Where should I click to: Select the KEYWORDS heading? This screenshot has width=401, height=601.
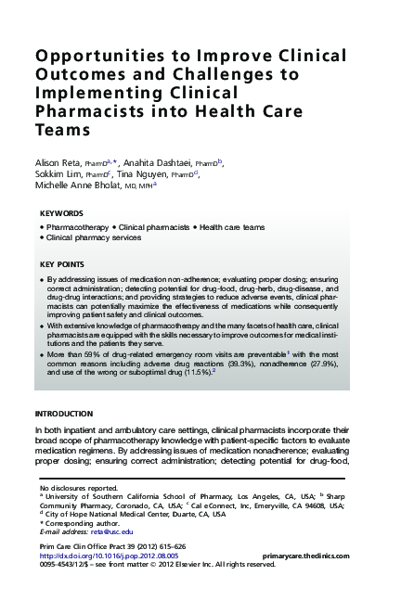click(62, 213)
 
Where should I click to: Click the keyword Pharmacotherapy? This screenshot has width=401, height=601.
click(77, 227)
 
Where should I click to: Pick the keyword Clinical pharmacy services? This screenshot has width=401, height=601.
click(94, 237)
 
